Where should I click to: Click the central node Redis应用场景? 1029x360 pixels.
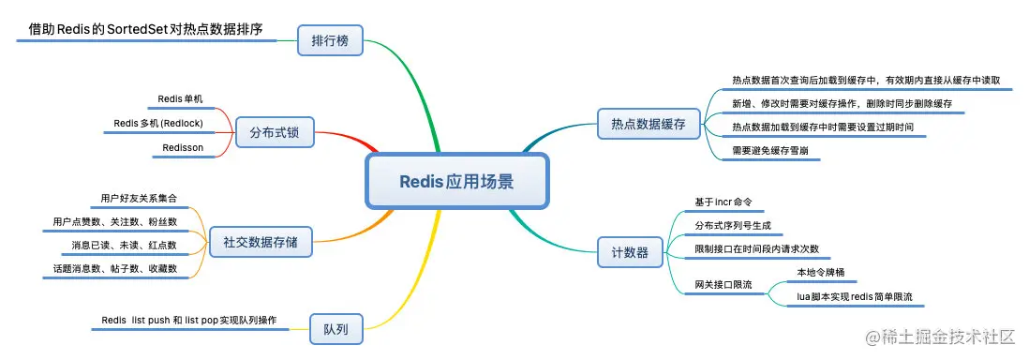(456, 182)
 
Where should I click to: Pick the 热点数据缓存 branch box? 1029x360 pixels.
(649, 123)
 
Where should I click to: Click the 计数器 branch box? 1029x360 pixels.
(630, 251)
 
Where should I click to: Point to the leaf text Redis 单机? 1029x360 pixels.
(180, 98)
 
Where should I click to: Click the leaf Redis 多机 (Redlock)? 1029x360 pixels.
(158, 123)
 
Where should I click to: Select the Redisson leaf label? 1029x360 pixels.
(183, 147)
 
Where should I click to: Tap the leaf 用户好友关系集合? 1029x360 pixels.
(139, 199)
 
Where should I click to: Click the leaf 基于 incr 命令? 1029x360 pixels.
(723, 202)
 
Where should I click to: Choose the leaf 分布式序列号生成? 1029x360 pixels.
(738, 226)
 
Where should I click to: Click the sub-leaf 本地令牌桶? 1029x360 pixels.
(821, 272)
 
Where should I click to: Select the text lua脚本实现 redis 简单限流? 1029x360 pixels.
(854, 296)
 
